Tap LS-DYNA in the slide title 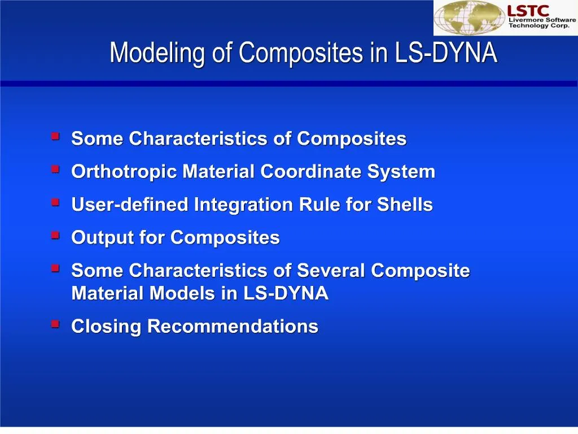(446, 54)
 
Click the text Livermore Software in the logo (542, 20)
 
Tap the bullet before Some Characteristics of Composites (55, 136)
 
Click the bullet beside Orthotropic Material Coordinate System (55, 169)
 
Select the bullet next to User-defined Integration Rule (55, 202)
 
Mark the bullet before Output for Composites (55, 235)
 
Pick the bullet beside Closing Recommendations (55, 324)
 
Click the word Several (331, 271)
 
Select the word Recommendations (233, 327)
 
